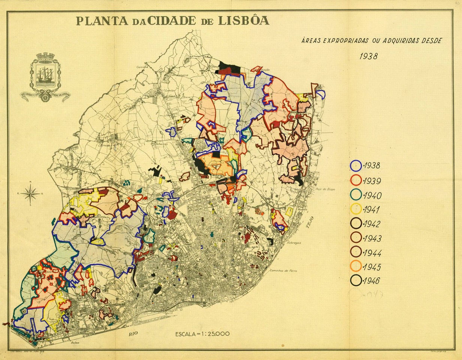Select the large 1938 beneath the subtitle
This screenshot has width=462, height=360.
click(x=368, y=56)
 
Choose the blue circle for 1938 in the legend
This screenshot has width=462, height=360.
click(x=356, y=166)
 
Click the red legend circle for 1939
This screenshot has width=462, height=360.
click(x=356, y=180)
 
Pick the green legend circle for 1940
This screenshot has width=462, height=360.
click(x=356, y=195)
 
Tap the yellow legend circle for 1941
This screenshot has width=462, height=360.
click(x=356, y=209)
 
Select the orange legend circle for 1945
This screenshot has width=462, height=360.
click(x=356, y=266)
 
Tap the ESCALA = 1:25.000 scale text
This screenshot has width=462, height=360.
click(x=202, y=333)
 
